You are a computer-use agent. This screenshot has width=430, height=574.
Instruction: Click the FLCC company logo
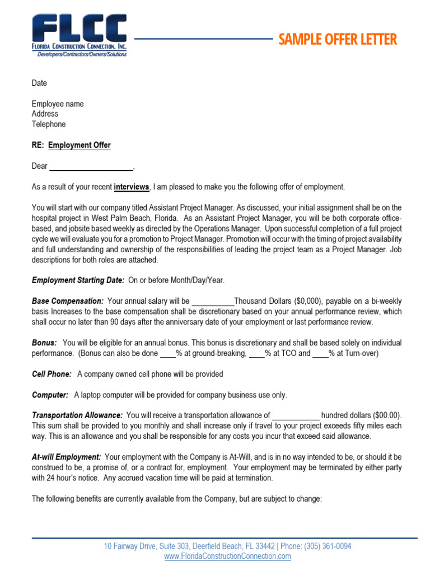pyautogui.click(x=79, y=35)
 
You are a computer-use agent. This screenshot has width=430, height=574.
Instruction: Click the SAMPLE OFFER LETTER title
pyautogui.click(x=338, y=39)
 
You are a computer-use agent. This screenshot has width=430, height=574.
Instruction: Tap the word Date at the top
pyautogui.click(x=39, y=83)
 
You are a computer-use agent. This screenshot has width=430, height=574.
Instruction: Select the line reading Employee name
pyautogui.click(x=58, y=104)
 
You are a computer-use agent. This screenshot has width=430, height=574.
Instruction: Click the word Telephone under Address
pyautogui.click(x=49, y=124)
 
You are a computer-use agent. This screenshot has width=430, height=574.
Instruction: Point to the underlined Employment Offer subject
pyautogui.click(x=80, y=145)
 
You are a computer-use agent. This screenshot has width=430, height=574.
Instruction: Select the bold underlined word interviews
pyautogui.click(x=132, y=187)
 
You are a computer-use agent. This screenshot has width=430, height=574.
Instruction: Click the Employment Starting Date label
pyautogui.click(x=78, y=280)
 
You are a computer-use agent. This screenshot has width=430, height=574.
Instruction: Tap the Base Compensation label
pyautogui.click(x=68, y=301)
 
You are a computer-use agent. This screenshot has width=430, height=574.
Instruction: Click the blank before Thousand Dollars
pyautogui.click(x=213, y=301)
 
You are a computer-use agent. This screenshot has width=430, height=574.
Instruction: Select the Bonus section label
pyautogui.click(x=44, y=342)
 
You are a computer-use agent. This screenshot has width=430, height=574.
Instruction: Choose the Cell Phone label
pyautogui.click(x=52, y=374)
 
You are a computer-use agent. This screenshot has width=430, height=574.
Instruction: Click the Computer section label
pyautogui.click(x=50, y=395)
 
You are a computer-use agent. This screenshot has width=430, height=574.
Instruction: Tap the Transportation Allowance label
pyautogui.click(x=77, y=415)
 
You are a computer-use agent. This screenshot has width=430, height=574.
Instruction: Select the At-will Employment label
pyautogui.click(x=67, y=457)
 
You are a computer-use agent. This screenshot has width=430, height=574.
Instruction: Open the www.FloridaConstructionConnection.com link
pyautogui.click(x=227, y=556)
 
